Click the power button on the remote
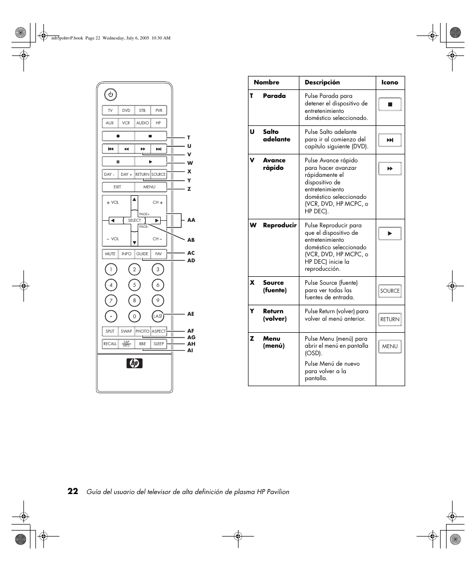[110, 94]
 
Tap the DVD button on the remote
[126, 110]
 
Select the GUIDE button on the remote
[142, 254]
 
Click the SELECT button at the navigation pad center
[134, 220]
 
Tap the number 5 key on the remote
[134, 285]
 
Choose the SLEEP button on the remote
[159, 344]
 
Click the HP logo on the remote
[134, 364]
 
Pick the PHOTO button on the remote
[142, 331]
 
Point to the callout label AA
[191, 220]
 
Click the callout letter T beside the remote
[189, 137]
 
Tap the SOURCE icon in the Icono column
[390, 291]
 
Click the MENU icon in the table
[390, 346]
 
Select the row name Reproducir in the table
[279, 225]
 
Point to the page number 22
[73, 491]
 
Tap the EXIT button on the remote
[118, 187]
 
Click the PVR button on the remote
[159, 110]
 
